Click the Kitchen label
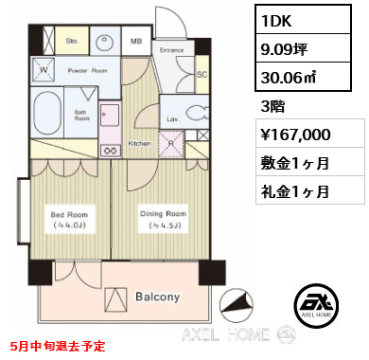(139, 144)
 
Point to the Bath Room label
(82, 115)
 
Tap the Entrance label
(171, 49)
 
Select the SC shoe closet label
(201, 73)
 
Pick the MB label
(135, 42)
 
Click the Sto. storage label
(72, 42)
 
